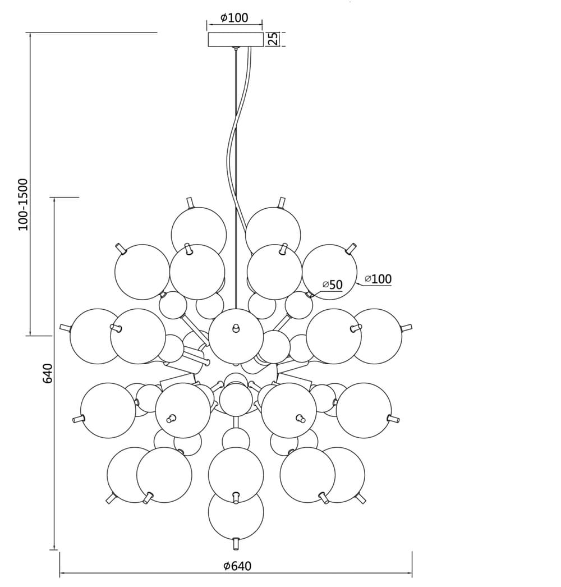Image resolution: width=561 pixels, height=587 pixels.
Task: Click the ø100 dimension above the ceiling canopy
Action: tap(234, 18)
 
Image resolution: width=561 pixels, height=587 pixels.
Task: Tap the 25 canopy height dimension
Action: tap(273, 39)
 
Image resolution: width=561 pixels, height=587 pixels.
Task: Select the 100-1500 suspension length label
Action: tap(22, 204)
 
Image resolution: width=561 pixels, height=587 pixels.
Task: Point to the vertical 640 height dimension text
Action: tap(48, 373)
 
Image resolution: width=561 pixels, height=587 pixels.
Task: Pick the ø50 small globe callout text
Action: tap(332, 285)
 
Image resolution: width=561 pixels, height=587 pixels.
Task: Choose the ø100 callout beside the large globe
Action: tap(378, 278)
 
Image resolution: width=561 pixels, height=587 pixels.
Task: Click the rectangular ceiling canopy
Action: tap(236, 39)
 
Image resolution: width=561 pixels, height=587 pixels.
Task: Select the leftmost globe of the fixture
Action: tap(95, 336)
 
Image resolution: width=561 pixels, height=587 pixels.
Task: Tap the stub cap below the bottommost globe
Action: tap(236, 543)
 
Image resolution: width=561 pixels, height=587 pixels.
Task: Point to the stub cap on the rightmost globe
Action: tap(406, 328)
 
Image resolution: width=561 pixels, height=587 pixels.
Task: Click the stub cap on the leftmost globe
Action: tap(66, 328)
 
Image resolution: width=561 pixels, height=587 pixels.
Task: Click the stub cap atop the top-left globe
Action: tap(191, 201)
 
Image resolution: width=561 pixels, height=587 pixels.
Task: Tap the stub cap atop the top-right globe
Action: tap(281, 201)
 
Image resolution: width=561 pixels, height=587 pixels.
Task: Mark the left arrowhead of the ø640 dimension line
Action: tap(62, 574)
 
